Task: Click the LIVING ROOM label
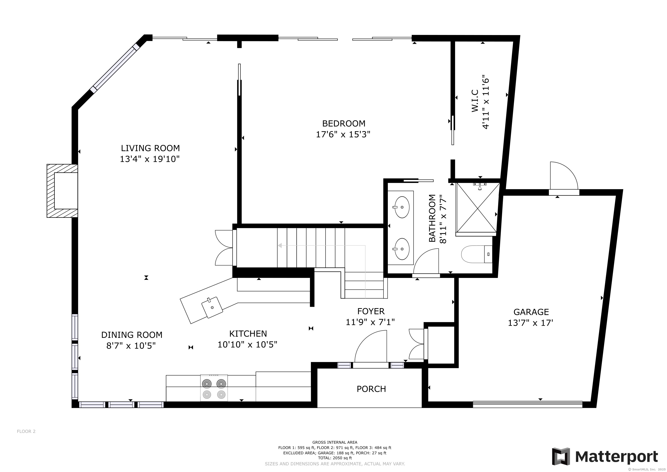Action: pyautogui.click(x=150, y=148)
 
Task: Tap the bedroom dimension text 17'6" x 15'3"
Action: pyautogui.click(x=343, y=134)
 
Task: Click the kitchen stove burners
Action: pyautogui.click(x=214, y=388)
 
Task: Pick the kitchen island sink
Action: pyautogui.click(x=212, y=307)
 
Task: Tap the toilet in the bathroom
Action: pyautogui.click(x=477, y=254)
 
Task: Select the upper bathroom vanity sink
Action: pyautogui.click(x=402, y=207)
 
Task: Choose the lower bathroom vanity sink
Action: pyautogui.click(x=402, y=249)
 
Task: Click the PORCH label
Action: pyautogui.click(x=371, y=389)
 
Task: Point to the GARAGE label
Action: pyautogui.click(x=531, y=312)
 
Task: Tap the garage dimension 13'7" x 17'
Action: pyautogui.click(x=530, y=323)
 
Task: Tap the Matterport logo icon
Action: pyautogui.click(x=561, y=457)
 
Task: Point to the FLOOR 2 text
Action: pyautogui.click(x=26, y=431)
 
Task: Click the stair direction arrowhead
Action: pyautogui.click(x=280, y=246)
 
